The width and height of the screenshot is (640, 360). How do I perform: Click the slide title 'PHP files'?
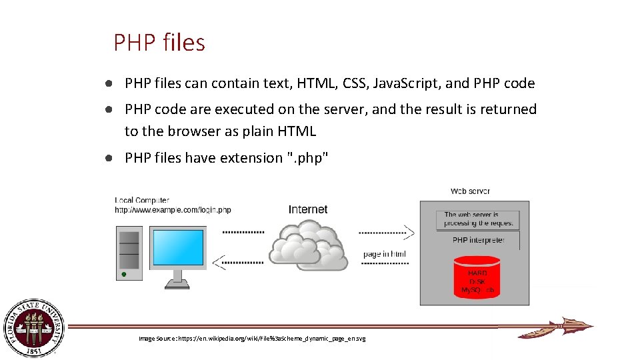coord(159,43)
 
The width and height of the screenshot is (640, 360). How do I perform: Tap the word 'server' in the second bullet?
coord(330,109)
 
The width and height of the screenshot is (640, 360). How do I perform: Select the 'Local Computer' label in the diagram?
coord(142,200)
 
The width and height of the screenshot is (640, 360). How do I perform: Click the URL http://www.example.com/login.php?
coord(173,210)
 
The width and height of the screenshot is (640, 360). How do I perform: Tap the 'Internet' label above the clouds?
coord(308,209)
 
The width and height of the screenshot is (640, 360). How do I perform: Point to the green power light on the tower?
coord(123,274)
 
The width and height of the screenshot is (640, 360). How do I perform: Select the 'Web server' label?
coord(470,191)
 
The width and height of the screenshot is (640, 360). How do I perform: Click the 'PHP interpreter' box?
coord(478,240)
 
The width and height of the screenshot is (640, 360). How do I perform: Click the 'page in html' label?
coord(385,254)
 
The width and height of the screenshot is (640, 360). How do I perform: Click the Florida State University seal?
coord(34,327)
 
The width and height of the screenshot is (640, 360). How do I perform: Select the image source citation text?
coord(252,339)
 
